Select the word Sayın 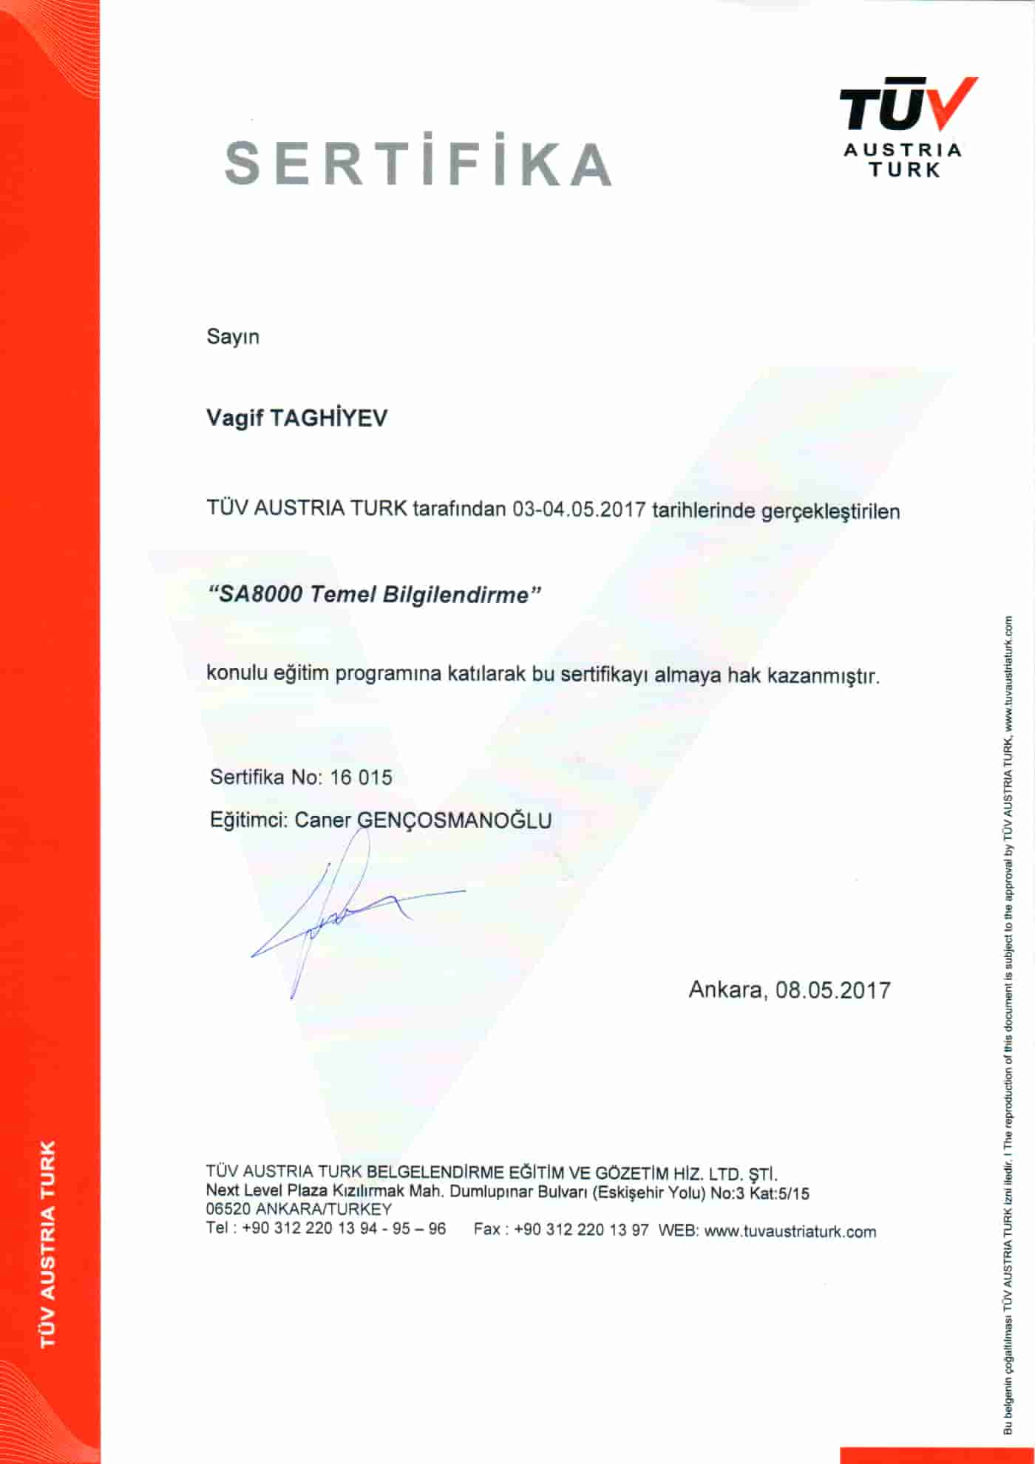[233, 337]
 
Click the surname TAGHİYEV [328, 418]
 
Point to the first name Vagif [234, 418]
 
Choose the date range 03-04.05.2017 [580, 510]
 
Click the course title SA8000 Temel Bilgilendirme [376, 595]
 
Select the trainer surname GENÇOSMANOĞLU [454, 820]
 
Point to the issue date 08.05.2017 [833, 990]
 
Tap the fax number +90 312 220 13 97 [581, 1230]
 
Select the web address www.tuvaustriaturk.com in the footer [790, 1231]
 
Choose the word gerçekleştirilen [830, 511]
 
